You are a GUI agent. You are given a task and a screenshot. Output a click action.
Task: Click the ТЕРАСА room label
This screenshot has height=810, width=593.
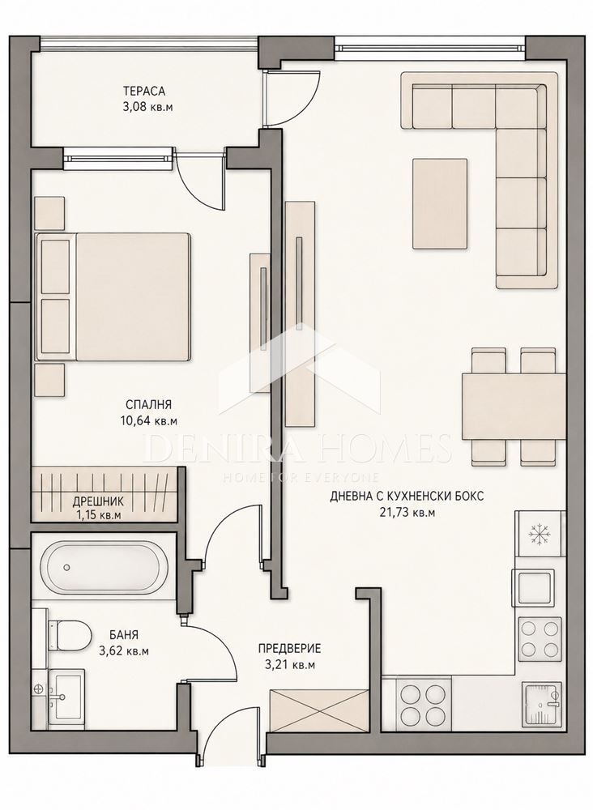pos(144,92)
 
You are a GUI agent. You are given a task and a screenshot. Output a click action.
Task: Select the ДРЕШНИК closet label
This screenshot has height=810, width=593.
pos(98,501)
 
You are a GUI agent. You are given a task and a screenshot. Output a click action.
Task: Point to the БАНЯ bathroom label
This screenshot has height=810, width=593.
pos(123,635)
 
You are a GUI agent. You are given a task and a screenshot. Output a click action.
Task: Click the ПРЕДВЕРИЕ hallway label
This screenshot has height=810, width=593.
pos(290,648)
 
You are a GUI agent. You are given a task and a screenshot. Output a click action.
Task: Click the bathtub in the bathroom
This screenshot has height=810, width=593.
pos(105,567)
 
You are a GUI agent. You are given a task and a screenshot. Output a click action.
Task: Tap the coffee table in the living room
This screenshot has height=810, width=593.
pos(440,203)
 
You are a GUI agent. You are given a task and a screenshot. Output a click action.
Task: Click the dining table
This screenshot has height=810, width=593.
pos(514,407)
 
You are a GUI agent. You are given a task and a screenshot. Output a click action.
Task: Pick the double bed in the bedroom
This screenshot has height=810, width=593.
pos(113,296)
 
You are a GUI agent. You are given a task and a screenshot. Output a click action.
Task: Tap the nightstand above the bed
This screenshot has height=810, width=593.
pos(50,213)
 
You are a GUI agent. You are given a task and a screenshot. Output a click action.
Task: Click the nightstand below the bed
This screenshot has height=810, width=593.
pos(50,380)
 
